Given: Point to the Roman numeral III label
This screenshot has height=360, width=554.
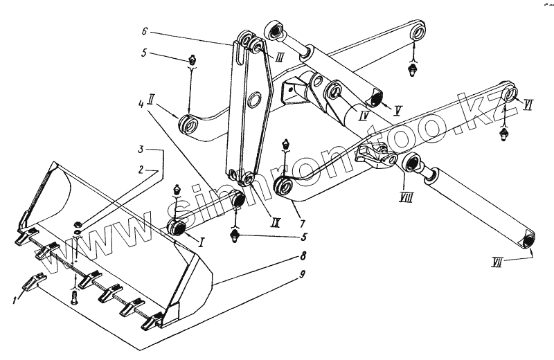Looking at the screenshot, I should (278, 58).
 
